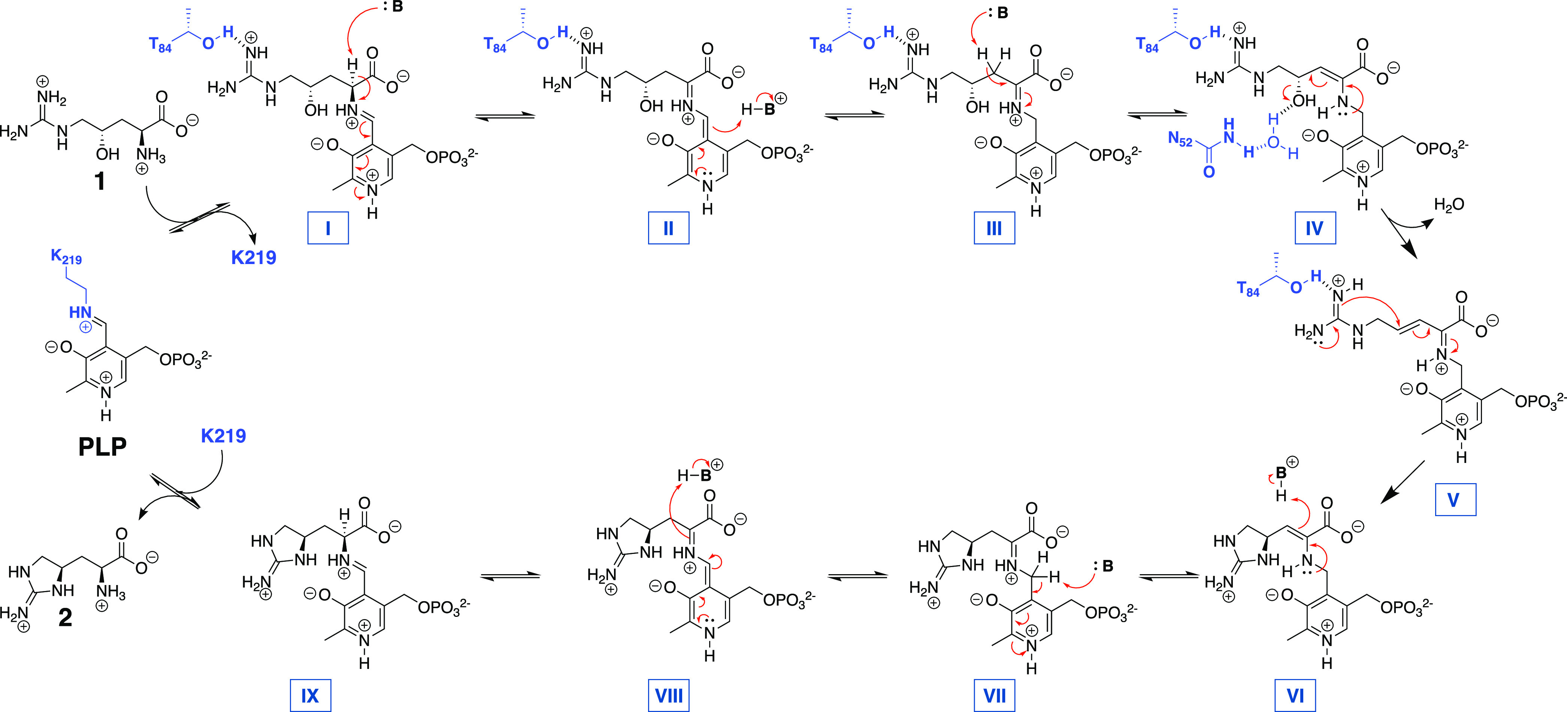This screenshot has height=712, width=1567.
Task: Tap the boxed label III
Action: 994,228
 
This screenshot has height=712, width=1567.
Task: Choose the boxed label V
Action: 1455,499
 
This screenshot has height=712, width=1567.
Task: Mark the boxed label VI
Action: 1295,696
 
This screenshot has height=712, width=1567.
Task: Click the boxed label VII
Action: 995,696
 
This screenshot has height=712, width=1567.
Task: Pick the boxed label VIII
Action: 669,696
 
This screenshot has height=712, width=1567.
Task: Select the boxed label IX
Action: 310,696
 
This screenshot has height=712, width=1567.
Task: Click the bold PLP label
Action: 102,447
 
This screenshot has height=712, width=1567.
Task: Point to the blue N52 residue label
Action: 1180,139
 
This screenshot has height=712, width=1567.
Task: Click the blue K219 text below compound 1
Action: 253,258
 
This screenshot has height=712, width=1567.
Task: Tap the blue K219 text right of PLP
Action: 223,436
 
